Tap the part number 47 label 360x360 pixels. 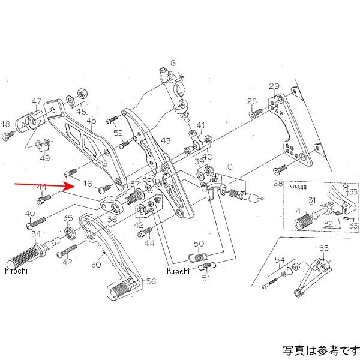[37, 101]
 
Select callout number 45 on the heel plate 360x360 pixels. [91, 121]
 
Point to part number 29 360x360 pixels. [274, 86]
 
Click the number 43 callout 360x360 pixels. [166, 141]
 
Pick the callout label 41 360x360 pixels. [200, 126]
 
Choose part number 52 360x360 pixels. [118, 133]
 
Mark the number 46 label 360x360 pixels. [87, 184]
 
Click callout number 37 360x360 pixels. [134, 184]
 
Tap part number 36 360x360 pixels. [112, 220]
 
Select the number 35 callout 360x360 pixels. [68, 218]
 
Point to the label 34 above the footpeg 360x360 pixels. [36, 234]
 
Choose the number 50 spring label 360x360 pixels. [199, 244]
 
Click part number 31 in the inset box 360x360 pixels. [312, 200]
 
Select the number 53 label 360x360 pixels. [324, 248]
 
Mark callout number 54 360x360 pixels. [280, 259]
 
